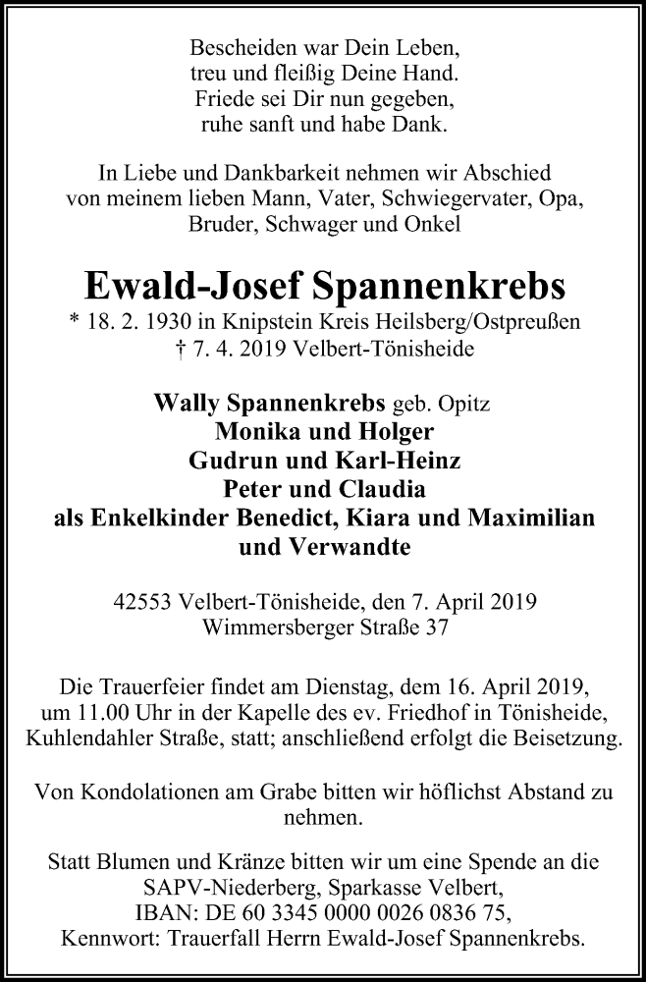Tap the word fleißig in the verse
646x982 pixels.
click(327, 74)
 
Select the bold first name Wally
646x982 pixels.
click(190, 404)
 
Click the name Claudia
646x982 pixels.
click(387, 489)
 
